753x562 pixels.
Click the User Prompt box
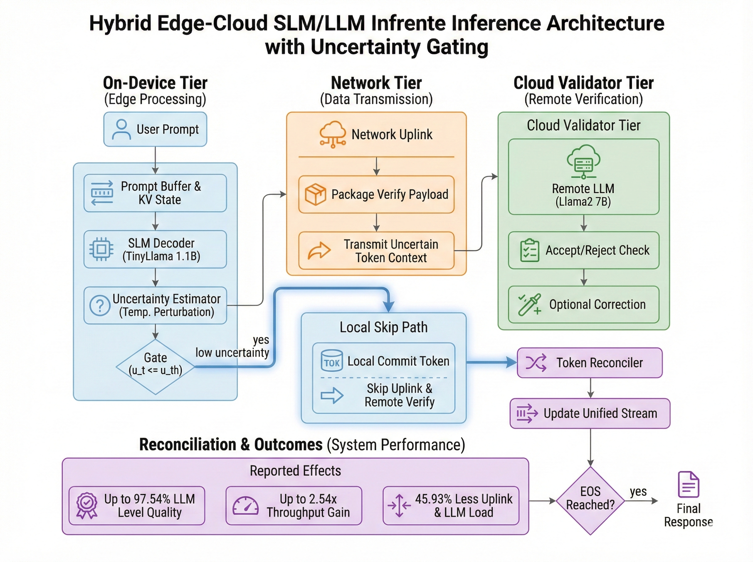tap(155, 129)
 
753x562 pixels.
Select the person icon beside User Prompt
tap(121, 129)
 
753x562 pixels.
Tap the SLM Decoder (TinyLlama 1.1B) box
tap(155, 249)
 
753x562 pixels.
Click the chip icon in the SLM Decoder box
tap(101, 249)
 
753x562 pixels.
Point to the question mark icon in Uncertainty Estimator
tap(100, 305)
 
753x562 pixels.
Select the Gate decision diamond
tap(156, 367)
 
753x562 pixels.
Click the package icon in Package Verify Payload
tap(315, 194)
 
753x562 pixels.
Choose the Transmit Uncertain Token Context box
tap(376, 251)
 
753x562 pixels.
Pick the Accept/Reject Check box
tap(584, 250)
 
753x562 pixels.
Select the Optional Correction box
tap(584, 305)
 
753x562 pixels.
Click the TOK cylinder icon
tap(332, 360)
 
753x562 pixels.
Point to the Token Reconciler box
tap(590, 363)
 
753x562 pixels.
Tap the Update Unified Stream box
tap(590, 413)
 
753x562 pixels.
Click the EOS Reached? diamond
tap(590, 501)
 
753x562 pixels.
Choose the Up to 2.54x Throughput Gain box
tap(294, 506)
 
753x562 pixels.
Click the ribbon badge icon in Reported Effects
tap(87, 506)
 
